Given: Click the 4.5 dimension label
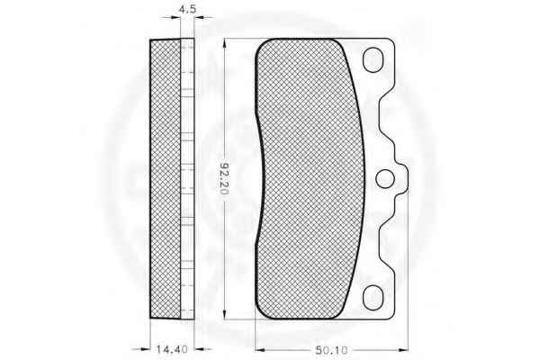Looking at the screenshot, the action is coord(187,9).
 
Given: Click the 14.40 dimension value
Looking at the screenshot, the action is coord(173,349).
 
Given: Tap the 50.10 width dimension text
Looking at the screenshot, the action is coord(331,350).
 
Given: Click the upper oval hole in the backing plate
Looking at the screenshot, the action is coord(373,59).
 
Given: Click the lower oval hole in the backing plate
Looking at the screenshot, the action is coord(373,297).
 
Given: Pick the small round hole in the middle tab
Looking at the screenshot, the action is coord(385,179).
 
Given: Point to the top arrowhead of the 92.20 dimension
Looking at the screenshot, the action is coord(224,43).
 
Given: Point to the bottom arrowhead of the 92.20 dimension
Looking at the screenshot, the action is coord(224,314).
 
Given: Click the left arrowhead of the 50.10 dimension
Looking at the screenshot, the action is coord(260,350).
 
